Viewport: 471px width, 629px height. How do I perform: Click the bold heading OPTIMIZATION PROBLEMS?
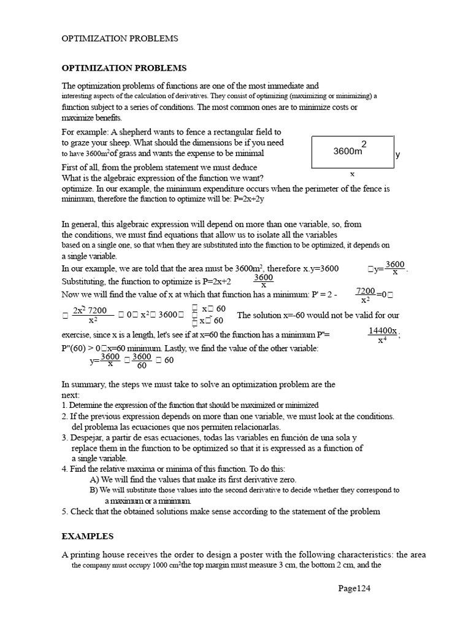[x=124, y=68]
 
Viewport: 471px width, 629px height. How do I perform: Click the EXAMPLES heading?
[x=88, y=536]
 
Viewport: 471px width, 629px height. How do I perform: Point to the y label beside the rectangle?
[x=397, y=155]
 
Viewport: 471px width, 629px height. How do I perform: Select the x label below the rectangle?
[x=352, y=174]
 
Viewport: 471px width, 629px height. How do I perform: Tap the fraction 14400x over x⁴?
[x=382, y=335]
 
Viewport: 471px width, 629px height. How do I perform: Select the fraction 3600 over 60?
[x=142, y=361]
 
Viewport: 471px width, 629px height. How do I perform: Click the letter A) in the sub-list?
[x=94, y=479]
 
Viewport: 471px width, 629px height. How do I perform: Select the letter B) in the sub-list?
[x=94, y=490]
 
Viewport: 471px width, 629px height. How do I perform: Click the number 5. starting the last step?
[x=65, y=511]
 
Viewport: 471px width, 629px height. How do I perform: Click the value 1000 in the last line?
[x=154, y=566]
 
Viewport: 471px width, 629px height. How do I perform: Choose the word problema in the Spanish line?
[x=99, y=426]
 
